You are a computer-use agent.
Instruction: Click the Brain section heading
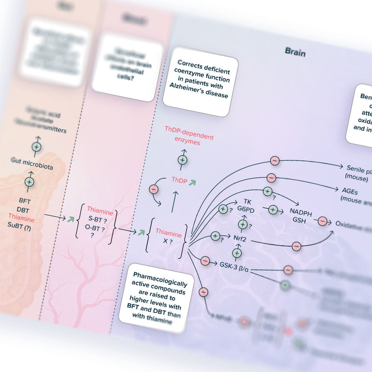(295, 52)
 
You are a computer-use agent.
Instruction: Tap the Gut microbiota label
(32, 163)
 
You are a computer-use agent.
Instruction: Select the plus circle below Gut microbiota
(29, 182)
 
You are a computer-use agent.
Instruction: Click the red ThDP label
(179, 180)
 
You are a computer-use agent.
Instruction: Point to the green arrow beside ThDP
(193, 183)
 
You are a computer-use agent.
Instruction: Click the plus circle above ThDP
(183, 160)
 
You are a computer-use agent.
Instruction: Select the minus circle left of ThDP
(154, 189)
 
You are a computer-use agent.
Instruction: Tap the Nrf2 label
(240, 239)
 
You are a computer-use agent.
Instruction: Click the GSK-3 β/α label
(234, 266)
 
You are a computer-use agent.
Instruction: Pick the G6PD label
(246, 209)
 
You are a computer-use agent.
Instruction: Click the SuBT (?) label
(19, 226)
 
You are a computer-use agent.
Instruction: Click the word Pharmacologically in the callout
(160, 279)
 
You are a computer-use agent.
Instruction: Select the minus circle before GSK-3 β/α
(205, 261)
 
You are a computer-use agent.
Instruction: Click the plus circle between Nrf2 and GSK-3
(237, 253)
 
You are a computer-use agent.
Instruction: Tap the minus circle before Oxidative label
(322, 221)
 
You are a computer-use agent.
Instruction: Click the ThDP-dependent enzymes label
(188, 135)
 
